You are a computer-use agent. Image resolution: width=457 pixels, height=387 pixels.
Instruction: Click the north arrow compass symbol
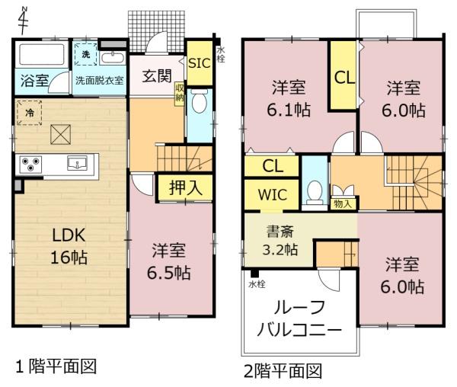click(x=23, y=20)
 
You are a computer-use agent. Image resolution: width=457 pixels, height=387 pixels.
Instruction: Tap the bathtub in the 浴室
click(x=42, y=55)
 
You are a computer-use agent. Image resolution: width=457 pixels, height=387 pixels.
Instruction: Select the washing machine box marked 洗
click(x=85, y=55)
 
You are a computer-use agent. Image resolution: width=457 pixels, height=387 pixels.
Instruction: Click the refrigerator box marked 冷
click(x=29, y=113)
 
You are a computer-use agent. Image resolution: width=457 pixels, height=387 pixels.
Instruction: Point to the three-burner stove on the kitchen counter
click(x=30, y=165)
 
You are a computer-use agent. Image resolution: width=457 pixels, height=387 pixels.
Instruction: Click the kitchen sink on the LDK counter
click(x=77, y=163)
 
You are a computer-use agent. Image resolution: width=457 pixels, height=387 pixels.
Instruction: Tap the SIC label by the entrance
click(x=200, y=63)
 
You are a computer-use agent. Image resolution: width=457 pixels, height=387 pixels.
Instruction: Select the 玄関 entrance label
click(x=157, y=75)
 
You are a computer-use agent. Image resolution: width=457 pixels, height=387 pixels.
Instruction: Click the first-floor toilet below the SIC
click(x=200, y=102)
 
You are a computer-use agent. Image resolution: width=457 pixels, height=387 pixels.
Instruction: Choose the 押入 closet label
click(x=186, y=187)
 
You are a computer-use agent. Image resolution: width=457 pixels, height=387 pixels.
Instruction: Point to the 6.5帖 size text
click(x=169, y=273)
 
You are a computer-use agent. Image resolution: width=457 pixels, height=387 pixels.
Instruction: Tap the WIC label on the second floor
click(x=273, y=195)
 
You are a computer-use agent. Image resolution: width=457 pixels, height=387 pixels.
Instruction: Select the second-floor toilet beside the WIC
click(x=315, y=193)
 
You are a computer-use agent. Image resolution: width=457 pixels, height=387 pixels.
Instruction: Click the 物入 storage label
click(x=343, y=203)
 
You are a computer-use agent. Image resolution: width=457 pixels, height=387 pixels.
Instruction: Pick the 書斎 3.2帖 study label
click(x=280, y=241)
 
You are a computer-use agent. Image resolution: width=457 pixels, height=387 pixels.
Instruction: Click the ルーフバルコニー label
click(x=299, y=318)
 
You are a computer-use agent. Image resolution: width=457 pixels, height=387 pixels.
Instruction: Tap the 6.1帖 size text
click(x=289, y=110)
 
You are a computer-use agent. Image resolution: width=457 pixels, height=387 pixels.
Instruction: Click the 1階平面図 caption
click(x=56, y=366)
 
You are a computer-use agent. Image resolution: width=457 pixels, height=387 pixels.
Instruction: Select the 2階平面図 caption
click(x=283, y=371)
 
